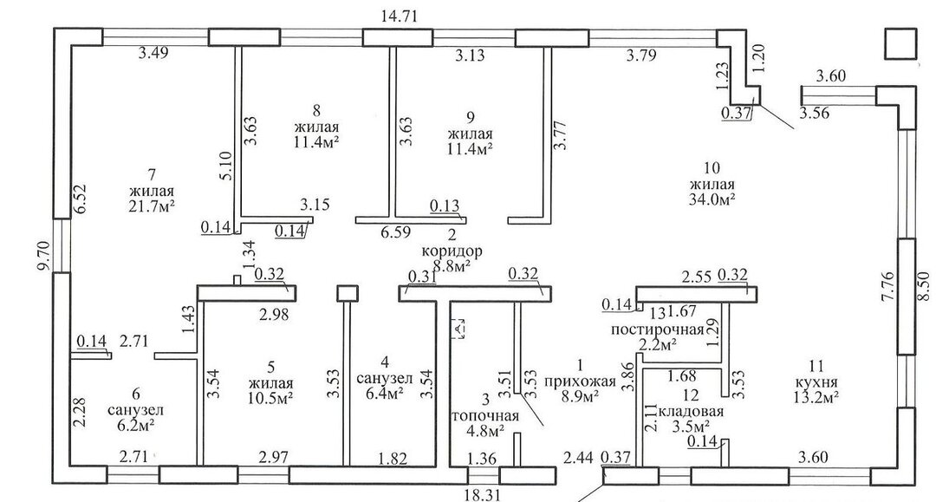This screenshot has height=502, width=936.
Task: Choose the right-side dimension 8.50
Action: coord(924,285)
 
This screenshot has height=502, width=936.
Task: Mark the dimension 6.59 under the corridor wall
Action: coord(393,231)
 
